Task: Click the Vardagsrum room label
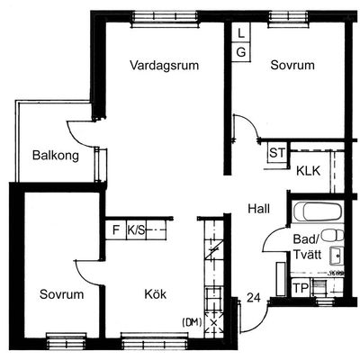165,65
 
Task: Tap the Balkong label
56,156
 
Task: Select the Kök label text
156,294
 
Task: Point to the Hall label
259,209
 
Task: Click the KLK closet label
308,171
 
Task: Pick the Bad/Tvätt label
307,247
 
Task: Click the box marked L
241,32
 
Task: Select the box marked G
241,52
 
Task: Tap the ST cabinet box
277,153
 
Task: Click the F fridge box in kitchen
116,230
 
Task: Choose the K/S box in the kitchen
136,230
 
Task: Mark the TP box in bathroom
301,288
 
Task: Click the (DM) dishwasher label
192,322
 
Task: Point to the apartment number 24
254,298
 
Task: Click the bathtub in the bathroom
318,211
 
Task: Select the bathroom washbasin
337,256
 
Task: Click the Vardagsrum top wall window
165,19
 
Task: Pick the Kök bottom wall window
154,340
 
